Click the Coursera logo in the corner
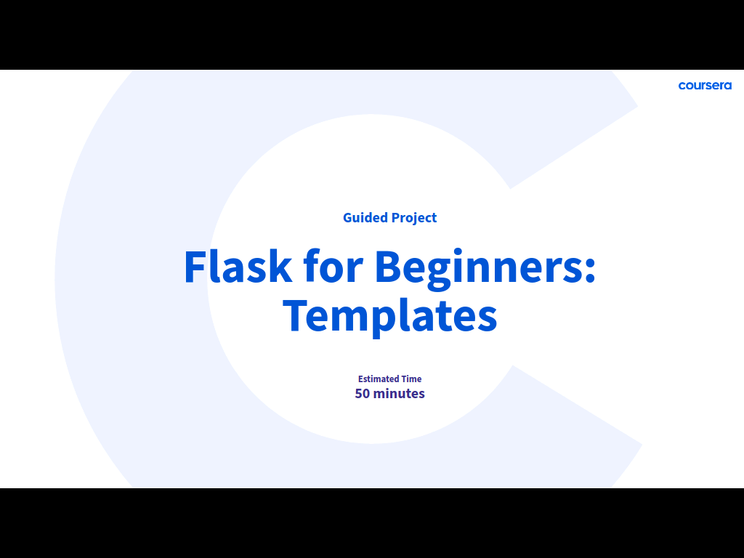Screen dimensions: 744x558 pos(705,86)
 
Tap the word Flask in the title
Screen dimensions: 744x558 pos(238,266)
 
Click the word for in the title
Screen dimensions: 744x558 pos(333,266)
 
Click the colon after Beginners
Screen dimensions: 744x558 pos(590,270)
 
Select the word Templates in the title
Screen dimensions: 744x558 pos(390,317)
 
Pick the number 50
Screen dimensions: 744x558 pos(362,393)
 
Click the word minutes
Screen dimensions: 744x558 pos(399,393)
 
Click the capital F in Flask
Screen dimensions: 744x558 pos(195,267)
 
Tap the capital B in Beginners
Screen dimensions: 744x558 pos(389,267)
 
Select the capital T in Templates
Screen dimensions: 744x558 pos(295,316)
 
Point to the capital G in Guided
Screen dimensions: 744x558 pos(348,218)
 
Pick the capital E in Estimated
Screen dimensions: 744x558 pos(360,379)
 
